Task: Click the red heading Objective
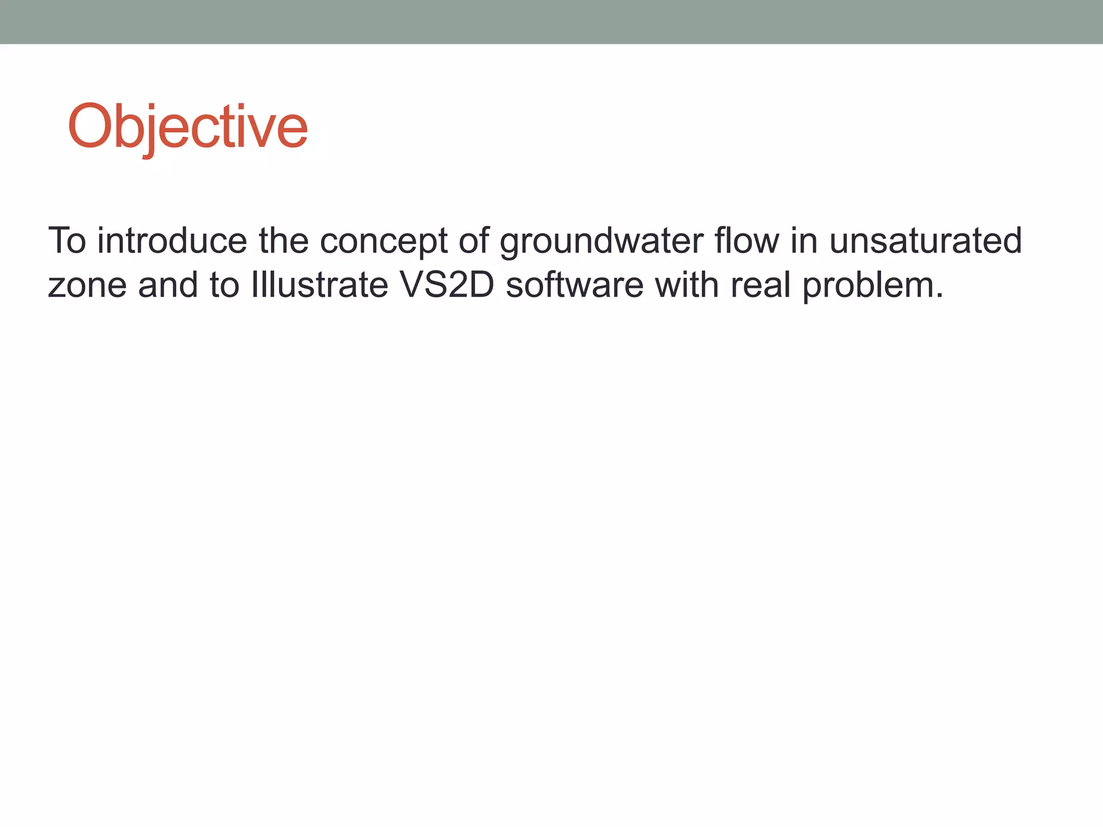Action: (187, 127)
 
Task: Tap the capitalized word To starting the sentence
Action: (67, 241)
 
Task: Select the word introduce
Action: (172, 241)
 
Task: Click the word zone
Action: (87, 285)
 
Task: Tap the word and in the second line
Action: (168, 285)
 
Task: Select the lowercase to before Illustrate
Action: (225, 285)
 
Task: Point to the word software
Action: (575, 285)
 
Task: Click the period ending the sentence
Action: (939, 296)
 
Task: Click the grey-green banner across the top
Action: (551, 22)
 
